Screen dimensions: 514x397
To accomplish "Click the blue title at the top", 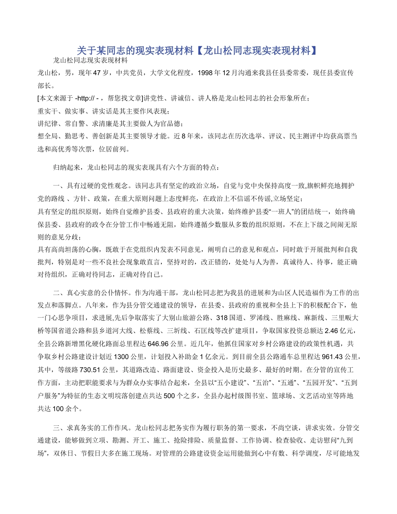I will tap(198, 51).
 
